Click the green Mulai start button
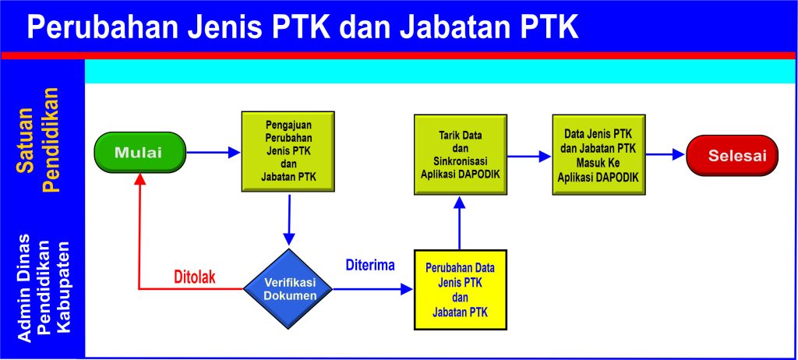139,152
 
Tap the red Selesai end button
732,155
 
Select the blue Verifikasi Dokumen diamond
289,290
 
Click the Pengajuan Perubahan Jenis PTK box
288,150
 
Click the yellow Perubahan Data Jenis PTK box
460,290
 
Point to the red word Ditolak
194,277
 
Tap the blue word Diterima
370,265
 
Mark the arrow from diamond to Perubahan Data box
373,290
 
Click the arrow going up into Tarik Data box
460,222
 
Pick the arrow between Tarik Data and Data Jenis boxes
529,156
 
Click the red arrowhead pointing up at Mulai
139,178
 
